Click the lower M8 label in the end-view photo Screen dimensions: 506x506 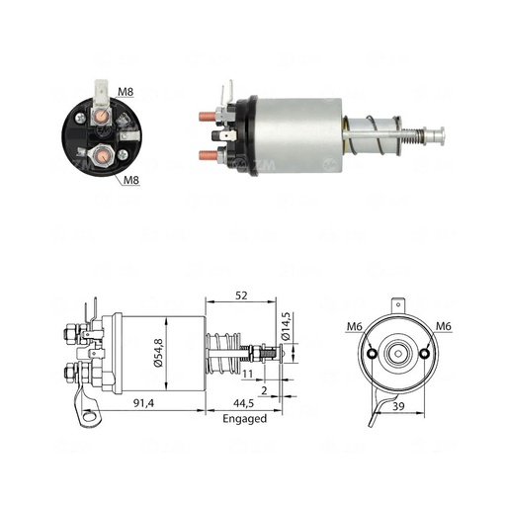pos(132,180)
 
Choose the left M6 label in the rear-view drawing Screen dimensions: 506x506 pos(353,327)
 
